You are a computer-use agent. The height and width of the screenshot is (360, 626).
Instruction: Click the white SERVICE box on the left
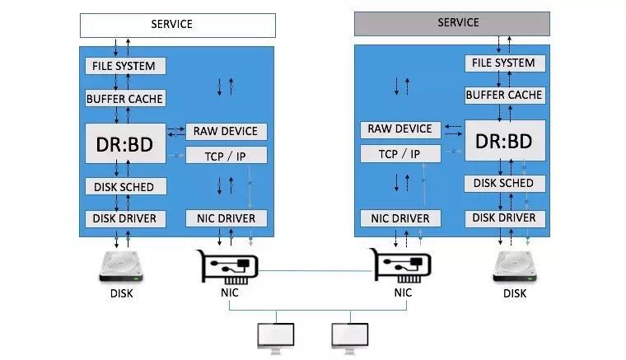pyautogui.click(x=177, y=24)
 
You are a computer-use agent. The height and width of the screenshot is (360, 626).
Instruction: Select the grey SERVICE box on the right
pyautogui.click(x=452, y=23)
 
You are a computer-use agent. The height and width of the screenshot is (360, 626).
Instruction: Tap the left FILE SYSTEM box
pyautogui.click(x=126, y=65)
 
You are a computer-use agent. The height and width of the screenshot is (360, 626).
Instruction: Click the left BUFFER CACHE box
pyautogui.click(x=126, y=99)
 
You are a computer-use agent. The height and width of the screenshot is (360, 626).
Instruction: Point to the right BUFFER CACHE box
pyautogui.click(x=504, y=96)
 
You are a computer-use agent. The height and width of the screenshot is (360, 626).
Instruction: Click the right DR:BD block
pyautogui.click(x=504, y=141)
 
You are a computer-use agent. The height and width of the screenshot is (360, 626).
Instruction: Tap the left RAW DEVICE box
pyautogui.click(x=226, y=131)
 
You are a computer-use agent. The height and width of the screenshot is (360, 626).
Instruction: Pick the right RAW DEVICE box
pyautogui.click(x=400, y=129)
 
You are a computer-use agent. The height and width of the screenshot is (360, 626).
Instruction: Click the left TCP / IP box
pyautogui.click(x=226, y=156)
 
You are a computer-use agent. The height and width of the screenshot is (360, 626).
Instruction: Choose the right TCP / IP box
pyautogui.click(x=400, y=154)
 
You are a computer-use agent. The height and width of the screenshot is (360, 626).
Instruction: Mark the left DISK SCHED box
pyautogui.click(x=126, y=187)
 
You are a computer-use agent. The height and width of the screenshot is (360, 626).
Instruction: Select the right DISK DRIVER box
pyautogui.click(x=504, y=218)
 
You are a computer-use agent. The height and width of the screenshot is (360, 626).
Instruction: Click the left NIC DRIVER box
pyautogui.click(x=226, y=218)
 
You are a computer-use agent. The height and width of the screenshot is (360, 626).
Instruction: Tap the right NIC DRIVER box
pyautogui.click(x=400, y=218)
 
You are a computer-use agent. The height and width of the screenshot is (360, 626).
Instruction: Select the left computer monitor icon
pyautogui.click(x=276, y=335)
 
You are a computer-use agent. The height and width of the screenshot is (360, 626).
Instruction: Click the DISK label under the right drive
pyautogui.click(x=515, y=293)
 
